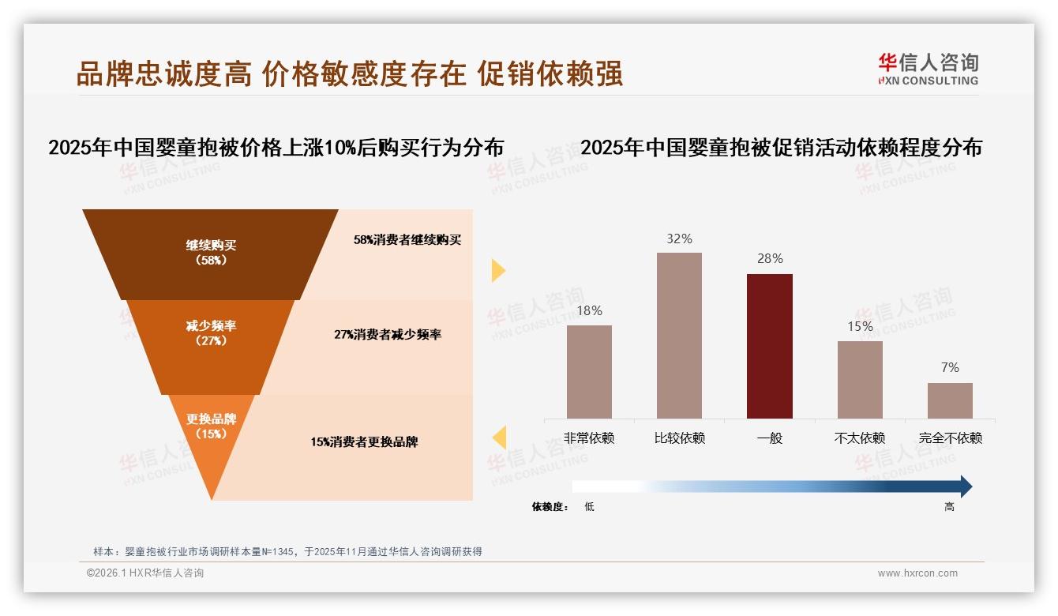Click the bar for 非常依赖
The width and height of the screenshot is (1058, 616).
pos(589,371)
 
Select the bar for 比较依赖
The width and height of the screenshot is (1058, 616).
pos(679,335)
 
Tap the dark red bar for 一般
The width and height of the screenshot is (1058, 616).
pos(769,346)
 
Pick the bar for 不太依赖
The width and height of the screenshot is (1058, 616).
pos(860,379)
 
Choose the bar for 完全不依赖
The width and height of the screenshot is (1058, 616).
pos(950,400)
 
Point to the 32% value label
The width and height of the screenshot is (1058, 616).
pos(679,239)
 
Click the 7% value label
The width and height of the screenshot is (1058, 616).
pos(950,367)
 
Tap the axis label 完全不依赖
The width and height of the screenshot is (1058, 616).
pos(950,438)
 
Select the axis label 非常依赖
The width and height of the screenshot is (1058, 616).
pos(589,438)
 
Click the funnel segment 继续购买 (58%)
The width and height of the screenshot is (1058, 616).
pos(211,253)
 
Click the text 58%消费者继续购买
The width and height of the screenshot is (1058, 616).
pos(407,240)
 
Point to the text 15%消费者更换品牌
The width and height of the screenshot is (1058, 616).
pos(364,442)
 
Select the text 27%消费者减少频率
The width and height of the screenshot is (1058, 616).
pos(388,335)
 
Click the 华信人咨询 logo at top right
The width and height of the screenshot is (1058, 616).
pos(928,69)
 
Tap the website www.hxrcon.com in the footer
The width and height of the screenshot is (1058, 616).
pos(917,573)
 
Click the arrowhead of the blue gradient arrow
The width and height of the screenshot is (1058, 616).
pos(965,486)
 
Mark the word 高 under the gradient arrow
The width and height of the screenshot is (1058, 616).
pos(949,507)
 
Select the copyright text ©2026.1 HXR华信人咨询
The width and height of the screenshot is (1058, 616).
pos(145,573)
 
